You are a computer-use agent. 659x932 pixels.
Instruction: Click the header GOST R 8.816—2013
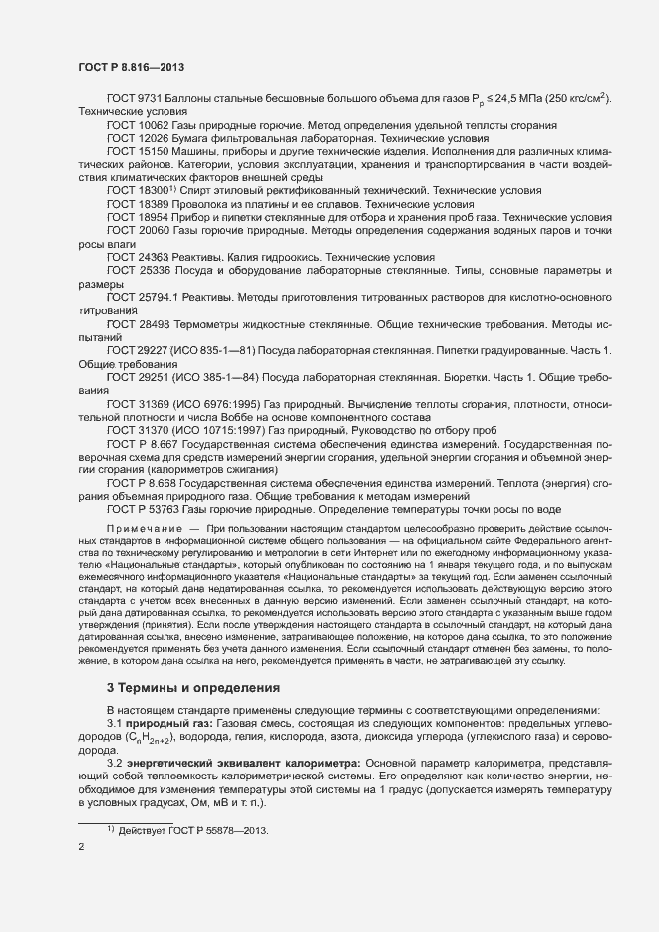[131, 67]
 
